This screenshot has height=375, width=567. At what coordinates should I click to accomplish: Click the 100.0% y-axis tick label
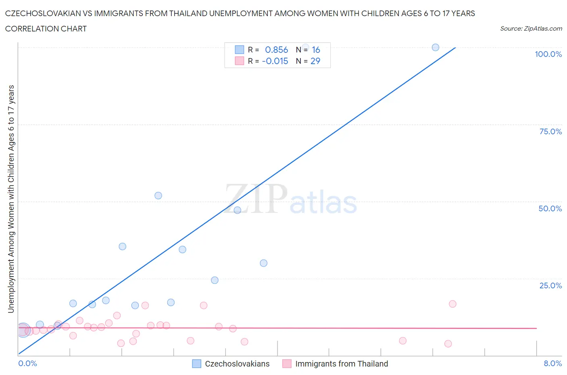548,54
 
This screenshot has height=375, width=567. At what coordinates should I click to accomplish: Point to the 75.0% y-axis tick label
550,131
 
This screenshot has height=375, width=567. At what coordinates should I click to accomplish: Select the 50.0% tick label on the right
550,208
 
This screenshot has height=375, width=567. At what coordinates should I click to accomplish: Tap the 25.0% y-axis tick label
550,285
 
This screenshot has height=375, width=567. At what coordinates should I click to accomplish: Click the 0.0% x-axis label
27,363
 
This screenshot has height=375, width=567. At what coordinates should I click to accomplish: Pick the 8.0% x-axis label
552,363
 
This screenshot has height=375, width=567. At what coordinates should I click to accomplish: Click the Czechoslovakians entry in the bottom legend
237,364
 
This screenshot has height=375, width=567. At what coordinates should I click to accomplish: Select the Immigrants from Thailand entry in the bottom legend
341,364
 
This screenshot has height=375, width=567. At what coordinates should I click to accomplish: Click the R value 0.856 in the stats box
276,50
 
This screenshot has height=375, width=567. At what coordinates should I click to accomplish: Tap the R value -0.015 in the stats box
275,61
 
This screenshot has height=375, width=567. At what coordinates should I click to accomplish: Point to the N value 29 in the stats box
315,61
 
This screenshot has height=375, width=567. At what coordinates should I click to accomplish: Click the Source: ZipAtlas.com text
531,28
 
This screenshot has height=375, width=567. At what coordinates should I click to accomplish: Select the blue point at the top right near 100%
435,48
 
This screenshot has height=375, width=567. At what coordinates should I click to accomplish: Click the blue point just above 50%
158,196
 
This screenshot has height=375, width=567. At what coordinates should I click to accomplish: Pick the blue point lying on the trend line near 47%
237,210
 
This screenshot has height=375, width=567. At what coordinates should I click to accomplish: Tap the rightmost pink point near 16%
452,304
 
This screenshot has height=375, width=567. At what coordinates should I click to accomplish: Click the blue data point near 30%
263,263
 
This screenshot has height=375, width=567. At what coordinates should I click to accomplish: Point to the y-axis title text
11,199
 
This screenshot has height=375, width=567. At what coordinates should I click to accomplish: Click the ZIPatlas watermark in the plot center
291,200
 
